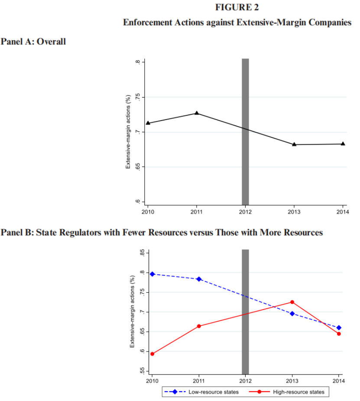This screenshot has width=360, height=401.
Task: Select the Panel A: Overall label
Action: (33, 42)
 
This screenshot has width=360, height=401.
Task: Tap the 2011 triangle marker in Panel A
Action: (197, 113)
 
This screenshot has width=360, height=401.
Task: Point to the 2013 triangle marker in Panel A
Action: (294, 144)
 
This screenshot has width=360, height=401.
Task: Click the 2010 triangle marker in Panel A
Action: (148, 123)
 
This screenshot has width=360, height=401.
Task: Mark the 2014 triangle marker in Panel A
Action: (343, 143)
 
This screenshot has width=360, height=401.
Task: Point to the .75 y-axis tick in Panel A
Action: (137, 98)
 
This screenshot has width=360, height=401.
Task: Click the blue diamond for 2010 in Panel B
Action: (152, 274)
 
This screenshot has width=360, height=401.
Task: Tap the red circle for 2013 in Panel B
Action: (292, 302)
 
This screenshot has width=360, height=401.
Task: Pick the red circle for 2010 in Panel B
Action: (152, 354)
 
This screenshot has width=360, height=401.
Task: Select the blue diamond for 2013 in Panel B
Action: (292, 313)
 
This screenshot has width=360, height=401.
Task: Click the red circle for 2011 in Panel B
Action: (199, 326)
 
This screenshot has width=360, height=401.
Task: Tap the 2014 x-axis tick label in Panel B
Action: (338, 381)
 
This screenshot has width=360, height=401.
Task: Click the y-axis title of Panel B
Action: (132, 312)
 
